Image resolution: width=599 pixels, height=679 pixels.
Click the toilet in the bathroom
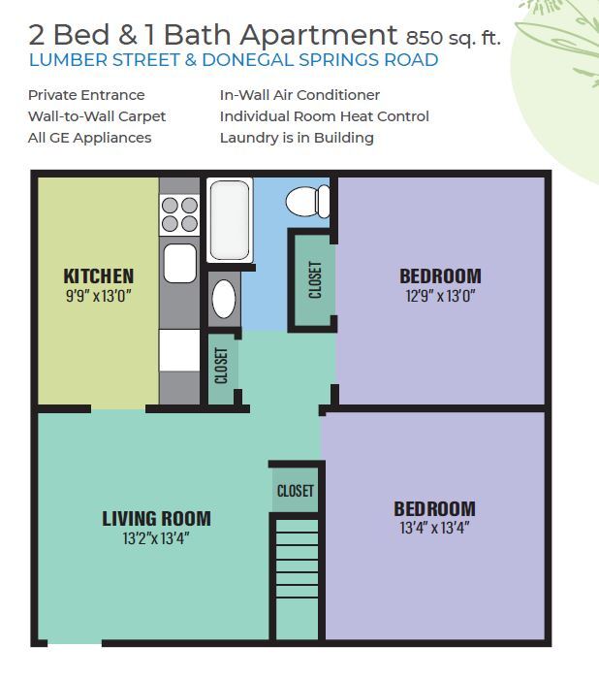click(308, 202)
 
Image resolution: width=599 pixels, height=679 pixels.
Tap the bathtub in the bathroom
click(230, 219)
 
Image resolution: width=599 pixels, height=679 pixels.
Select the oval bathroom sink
click(224, 299)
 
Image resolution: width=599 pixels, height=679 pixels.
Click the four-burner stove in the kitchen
click(179, 215)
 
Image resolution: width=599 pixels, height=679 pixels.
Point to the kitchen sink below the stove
click(179, 263)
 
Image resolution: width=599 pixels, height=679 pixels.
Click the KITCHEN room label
click(99, 276)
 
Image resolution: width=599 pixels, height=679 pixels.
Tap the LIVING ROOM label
click(156, 519)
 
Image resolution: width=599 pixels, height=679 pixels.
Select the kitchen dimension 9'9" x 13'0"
click(99, 295)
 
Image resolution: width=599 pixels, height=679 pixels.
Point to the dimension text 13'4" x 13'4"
click(434, 529)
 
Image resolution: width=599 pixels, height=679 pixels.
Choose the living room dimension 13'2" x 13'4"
click(156, 538)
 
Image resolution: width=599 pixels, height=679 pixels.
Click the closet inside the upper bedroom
click(314, 279)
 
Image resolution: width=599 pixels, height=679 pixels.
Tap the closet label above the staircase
click(295, 491)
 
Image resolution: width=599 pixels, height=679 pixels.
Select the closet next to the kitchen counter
click(221, 366)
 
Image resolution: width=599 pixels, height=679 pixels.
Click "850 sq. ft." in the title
click(454, 38)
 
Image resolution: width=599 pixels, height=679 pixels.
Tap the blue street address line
click(234, 60)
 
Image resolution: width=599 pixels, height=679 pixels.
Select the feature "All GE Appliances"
click(90, 138)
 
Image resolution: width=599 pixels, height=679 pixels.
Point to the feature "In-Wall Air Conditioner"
click(299, 95)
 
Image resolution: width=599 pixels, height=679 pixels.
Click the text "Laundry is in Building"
click(297, 138)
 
